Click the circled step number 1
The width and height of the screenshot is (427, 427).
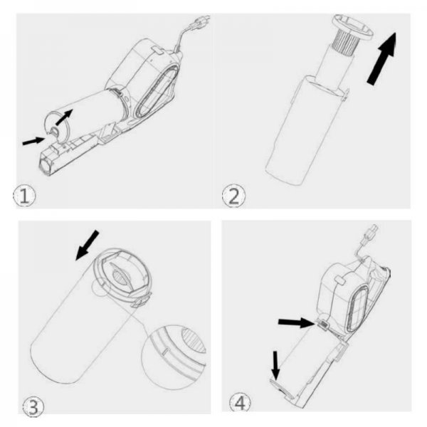pyautogui.click(x=24, y=195)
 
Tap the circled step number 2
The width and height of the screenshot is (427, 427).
pyautogui.click(x=233, y=196)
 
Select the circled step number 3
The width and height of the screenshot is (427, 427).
pyautogui.click(x=33, y=407)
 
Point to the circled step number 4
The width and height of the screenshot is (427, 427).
pyautogui.click(x=240, y=403)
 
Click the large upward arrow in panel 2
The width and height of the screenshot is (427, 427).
pyautogui.click(x=382, y=58)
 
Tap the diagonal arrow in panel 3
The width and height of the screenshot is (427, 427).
pyautogui.click(x=87, y=245)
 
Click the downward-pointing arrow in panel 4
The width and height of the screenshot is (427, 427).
pyautogui.click(x=275, y=366)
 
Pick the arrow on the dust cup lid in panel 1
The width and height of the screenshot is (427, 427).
pyautogui.click(x=64, y=117)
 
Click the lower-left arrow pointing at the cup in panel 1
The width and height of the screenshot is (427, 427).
pyautogui.click(x=33, y=141)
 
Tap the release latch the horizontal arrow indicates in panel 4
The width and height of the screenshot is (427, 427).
pyautogui.click(x=323, y=325)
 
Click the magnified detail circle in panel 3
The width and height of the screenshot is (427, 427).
pyautogui.click(x=174, y=357)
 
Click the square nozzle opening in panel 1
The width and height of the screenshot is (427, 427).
pyautogui.click(x=45, y=165)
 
